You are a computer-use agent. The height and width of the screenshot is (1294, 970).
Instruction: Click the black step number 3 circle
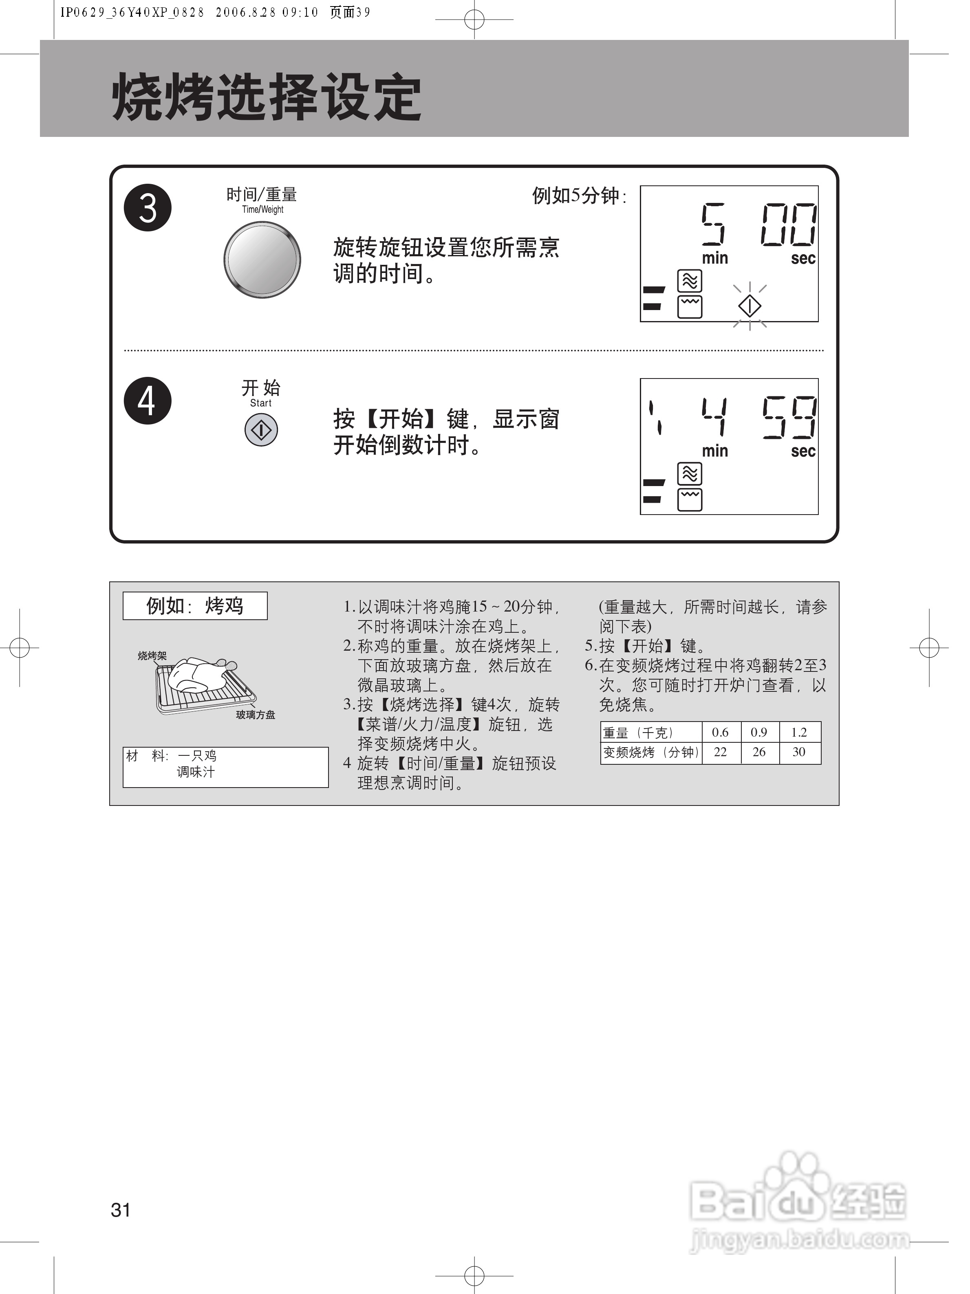[148, 208]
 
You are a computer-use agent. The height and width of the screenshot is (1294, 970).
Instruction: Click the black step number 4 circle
[148, 401]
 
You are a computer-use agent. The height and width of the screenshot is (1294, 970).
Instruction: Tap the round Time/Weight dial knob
[262, 259]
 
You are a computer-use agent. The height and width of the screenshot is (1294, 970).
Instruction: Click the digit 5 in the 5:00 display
[713, 224]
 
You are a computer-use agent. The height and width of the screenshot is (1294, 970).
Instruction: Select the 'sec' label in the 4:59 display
[802, 451]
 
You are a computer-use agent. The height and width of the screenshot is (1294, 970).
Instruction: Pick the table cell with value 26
[759, 752]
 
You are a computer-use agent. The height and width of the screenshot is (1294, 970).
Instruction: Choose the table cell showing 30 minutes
[798, 752]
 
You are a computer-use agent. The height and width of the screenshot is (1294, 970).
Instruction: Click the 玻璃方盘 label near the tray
[256, 714]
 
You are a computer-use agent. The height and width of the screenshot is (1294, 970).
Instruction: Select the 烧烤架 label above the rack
[152, 656]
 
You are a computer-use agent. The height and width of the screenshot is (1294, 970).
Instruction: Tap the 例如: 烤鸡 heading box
[195, 605]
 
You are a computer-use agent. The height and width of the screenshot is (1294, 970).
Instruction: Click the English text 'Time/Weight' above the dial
[263, 209]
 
